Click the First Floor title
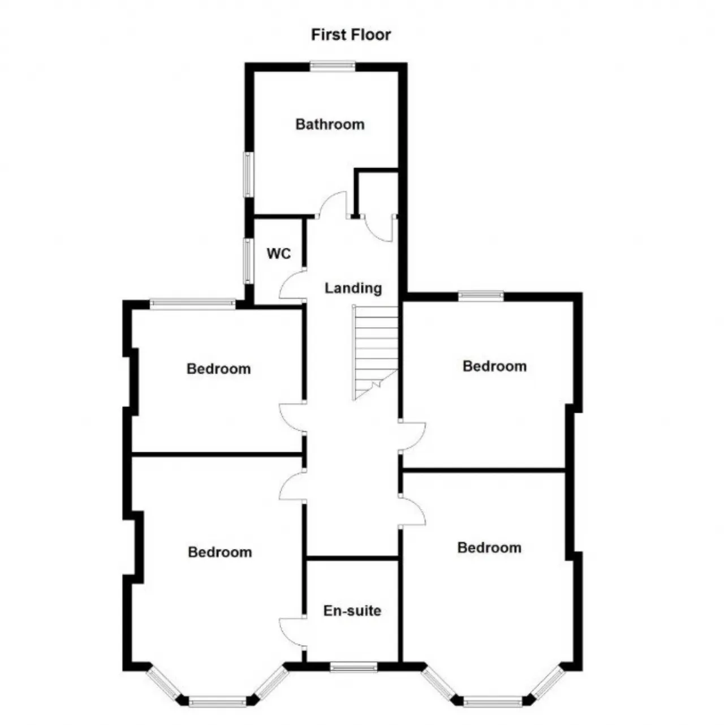(x=351, y=35)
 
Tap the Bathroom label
(x=330, y=124)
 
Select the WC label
(x=279, y=254)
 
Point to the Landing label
(x=353, y=289)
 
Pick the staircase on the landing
(x=376, y=353)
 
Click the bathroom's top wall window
(x=333, y=67)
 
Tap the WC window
(x=248, y=261)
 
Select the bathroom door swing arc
(x=332, y=203)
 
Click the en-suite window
(x=354, y=667)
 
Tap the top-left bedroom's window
(x=192, y=303)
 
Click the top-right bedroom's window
(x=481, y=296)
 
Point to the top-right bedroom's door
(x=412, y=437)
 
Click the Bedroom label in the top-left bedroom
(x=218, y=368)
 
